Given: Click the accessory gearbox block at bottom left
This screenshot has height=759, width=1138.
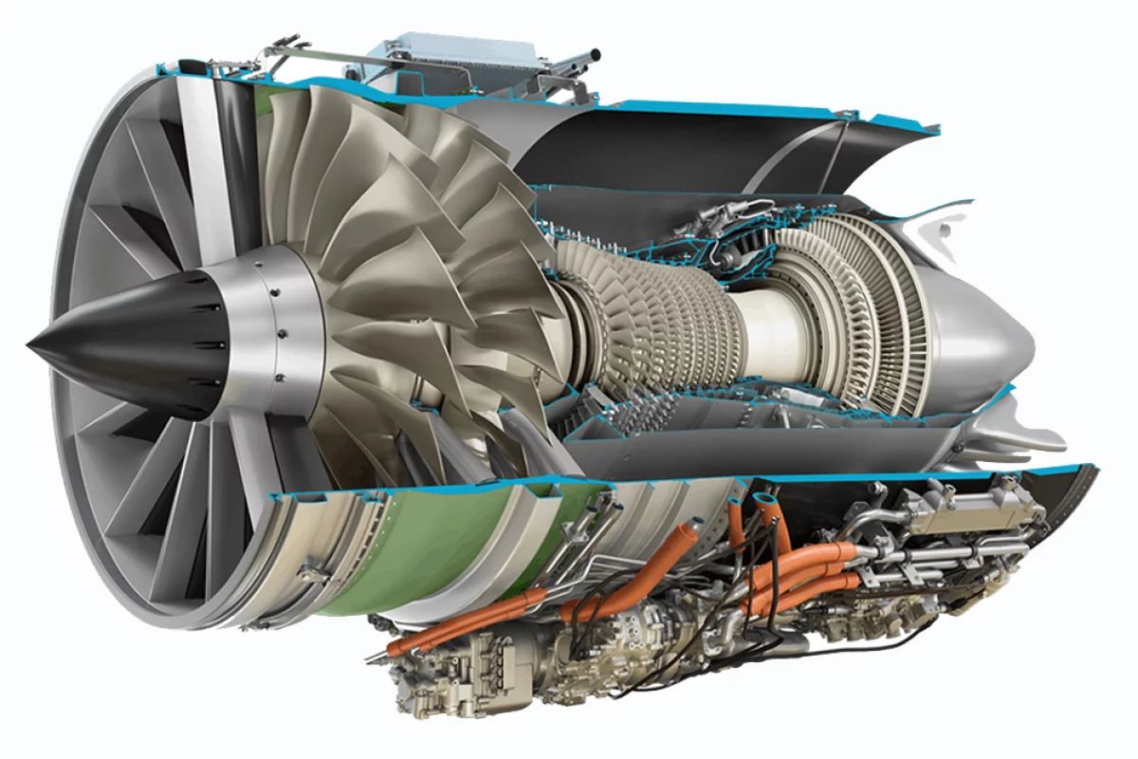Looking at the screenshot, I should click(446, 664).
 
